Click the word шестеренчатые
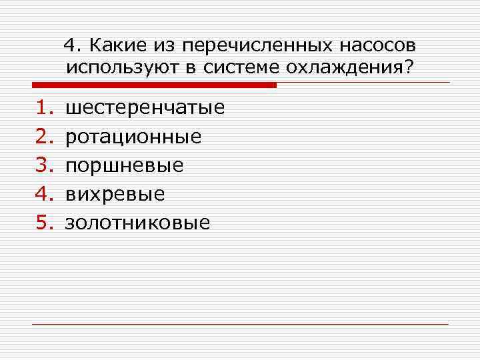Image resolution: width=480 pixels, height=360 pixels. click(144, 107)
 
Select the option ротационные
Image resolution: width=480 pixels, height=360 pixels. click(133, 137)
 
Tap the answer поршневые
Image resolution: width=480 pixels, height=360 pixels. click(123, 165)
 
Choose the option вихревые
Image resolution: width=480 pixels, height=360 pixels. click(115, 194)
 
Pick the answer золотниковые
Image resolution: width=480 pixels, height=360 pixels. click(137, 223)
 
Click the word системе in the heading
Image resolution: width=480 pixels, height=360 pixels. click(243, 67)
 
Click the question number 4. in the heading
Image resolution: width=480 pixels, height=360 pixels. click(73, 45)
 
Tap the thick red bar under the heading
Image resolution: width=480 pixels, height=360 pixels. click(154, 85)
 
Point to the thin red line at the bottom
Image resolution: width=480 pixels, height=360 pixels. click(240, 324)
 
